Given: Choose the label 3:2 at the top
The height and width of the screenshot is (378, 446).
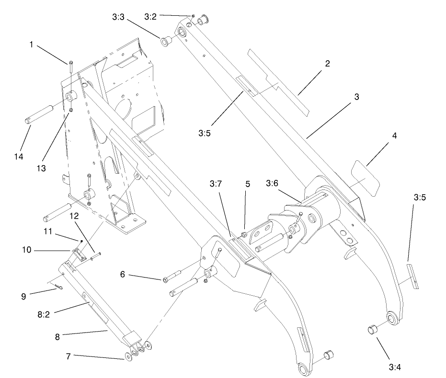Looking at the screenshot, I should coord(151,17).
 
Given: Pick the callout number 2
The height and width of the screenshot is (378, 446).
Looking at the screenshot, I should coord(328,63).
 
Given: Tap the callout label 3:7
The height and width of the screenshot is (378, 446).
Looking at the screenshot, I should coord(216,183).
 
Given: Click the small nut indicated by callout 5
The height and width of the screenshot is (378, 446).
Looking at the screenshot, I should coord(243,234).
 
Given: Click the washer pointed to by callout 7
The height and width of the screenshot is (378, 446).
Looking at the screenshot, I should coord(130,356).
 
